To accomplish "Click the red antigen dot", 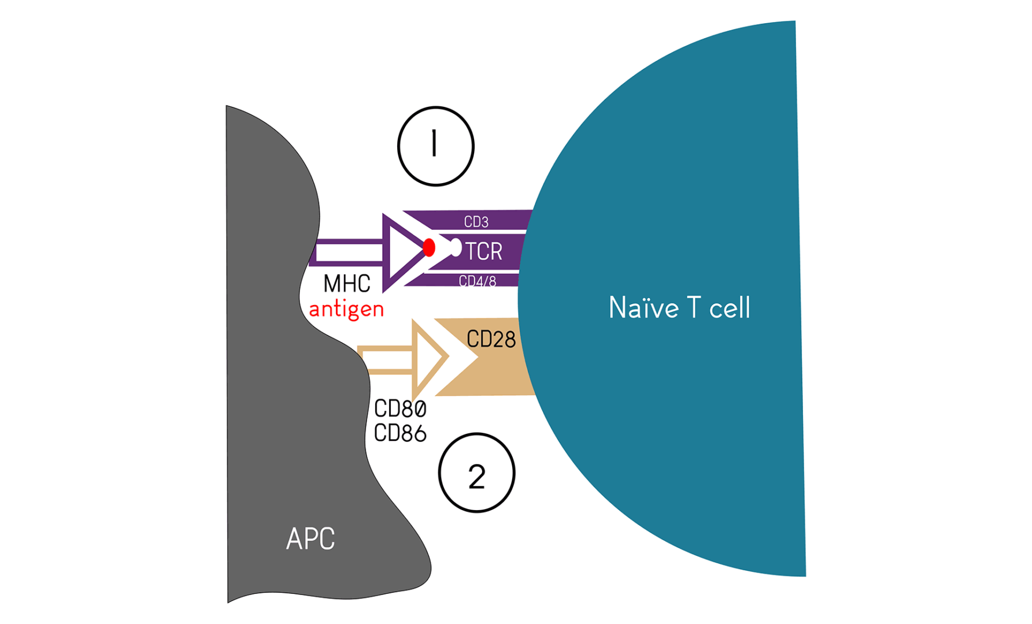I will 429,247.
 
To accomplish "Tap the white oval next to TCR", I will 456,247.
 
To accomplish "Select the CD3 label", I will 476,222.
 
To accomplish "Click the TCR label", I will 484,251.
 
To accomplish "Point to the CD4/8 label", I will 478,281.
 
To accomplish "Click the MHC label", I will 347,284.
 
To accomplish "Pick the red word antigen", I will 346,310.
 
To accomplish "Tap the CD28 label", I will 491,339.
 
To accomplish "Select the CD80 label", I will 400,409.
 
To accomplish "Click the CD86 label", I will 400,433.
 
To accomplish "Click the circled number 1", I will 436,146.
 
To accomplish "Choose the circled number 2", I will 476,473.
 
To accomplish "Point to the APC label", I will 310,539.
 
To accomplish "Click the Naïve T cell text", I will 679,307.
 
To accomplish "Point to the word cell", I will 730,307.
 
